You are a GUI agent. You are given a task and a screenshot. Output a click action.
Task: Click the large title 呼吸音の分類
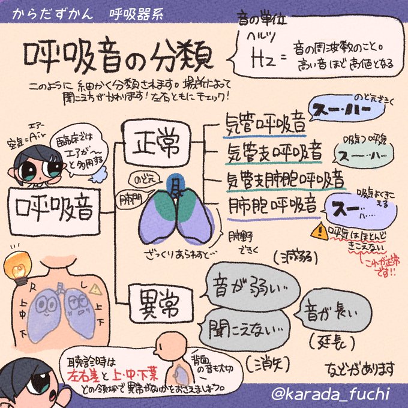coord(118,56)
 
